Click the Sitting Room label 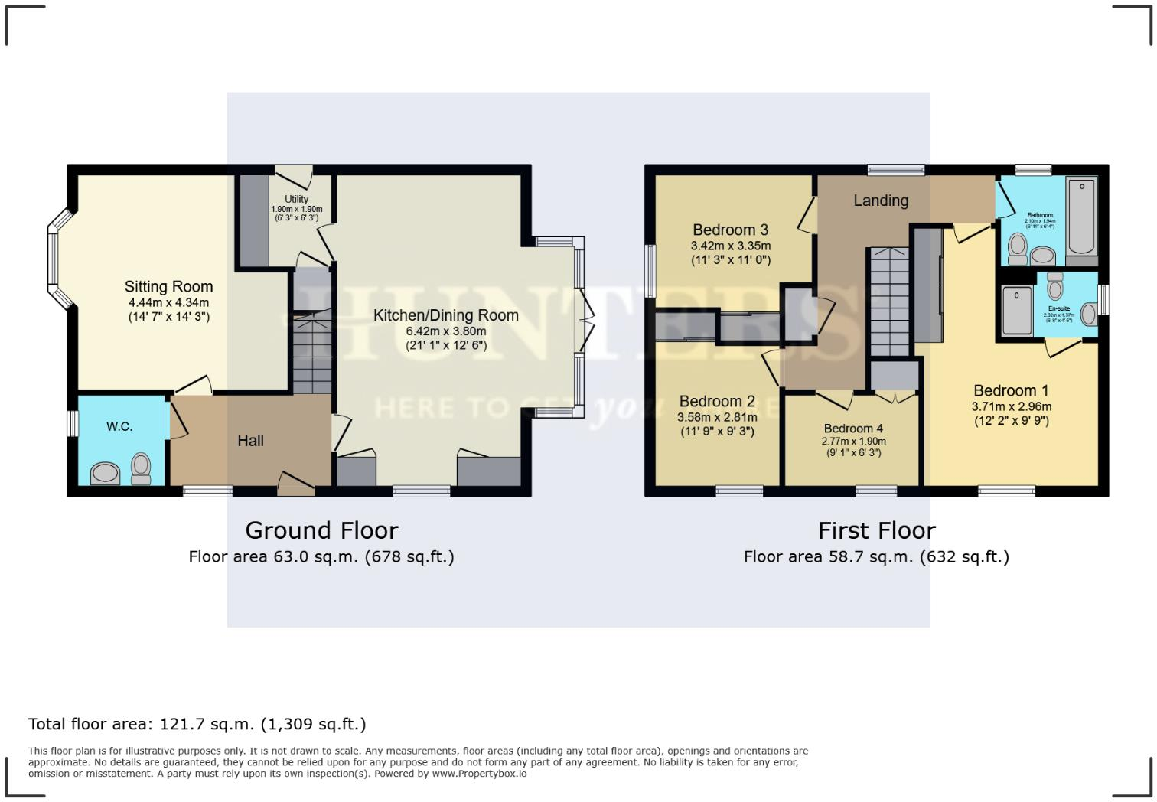[168, 287]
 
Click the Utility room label [296, 200]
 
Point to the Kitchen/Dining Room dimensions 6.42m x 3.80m [445, 331]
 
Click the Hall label [250, 441]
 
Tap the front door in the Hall [295, 485]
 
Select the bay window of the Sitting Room [54, 259]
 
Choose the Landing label [881, 200]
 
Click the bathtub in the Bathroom [1082, 216]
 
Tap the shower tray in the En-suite [1018, 311]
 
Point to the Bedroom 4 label [853, 429]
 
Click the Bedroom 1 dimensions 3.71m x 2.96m [1011, 407]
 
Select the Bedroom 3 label [730, 230]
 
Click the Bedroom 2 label [717, 401]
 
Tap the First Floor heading [876, 530]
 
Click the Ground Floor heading [321, 530]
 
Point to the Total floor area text [197, 724]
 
